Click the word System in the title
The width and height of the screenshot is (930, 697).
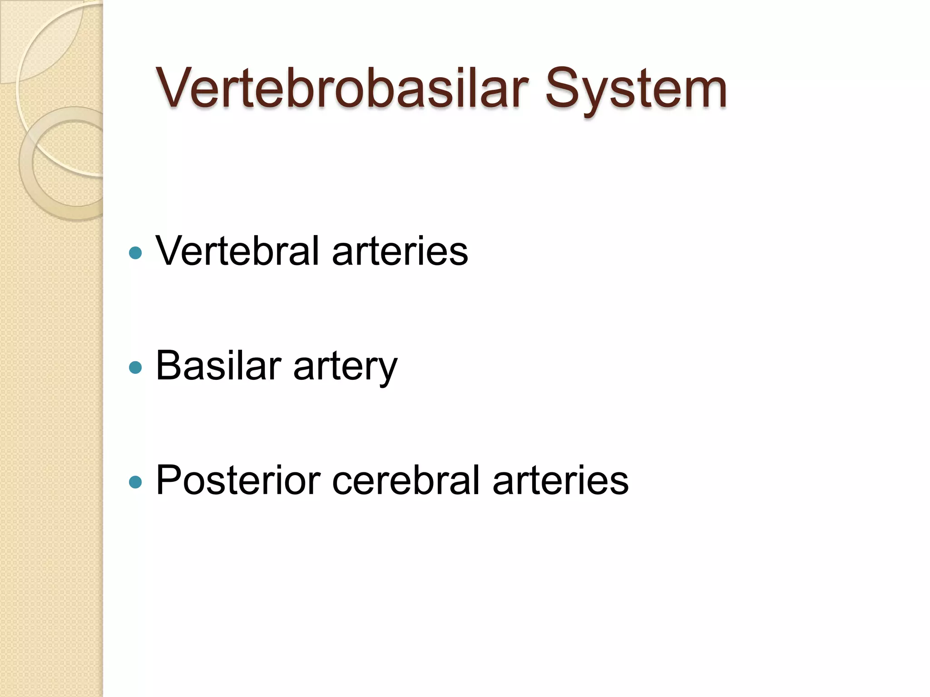[636, 91]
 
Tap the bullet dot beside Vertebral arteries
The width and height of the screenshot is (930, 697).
[135, 253]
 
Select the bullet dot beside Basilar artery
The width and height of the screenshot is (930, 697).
[135, 367]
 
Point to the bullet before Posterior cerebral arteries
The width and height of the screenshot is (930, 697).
[135, 482]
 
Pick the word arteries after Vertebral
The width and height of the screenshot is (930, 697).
[400, 252]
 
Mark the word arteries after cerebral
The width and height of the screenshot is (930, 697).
[560, 481]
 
